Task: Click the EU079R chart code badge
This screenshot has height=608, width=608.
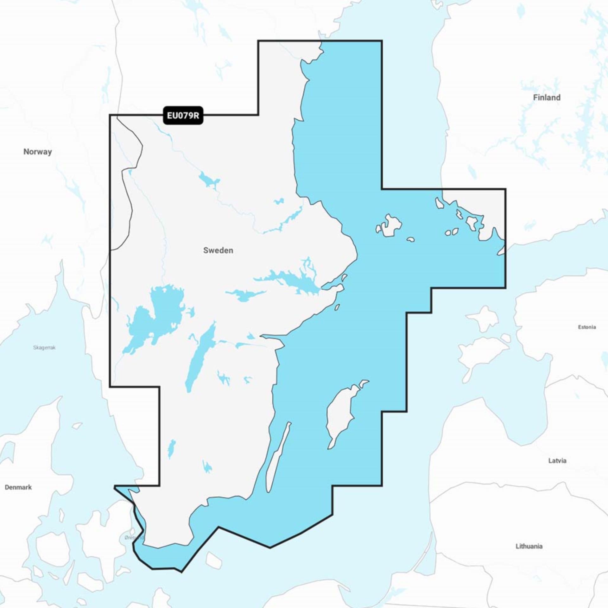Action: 183,115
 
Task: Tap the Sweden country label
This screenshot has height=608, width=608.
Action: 218,250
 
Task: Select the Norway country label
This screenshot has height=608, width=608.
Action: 37,152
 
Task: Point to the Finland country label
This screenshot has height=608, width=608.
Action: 547,98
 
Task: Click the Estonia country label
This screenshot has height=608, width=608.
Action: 587,327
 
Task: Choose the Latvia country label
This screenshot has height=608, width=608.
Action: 557,461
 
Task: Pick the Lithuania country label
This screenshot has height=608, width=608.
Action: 529,546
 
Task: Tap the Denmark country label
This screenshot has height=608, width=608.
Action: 18,487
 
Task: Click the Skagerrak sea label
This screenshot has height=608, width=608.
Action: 44,348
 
